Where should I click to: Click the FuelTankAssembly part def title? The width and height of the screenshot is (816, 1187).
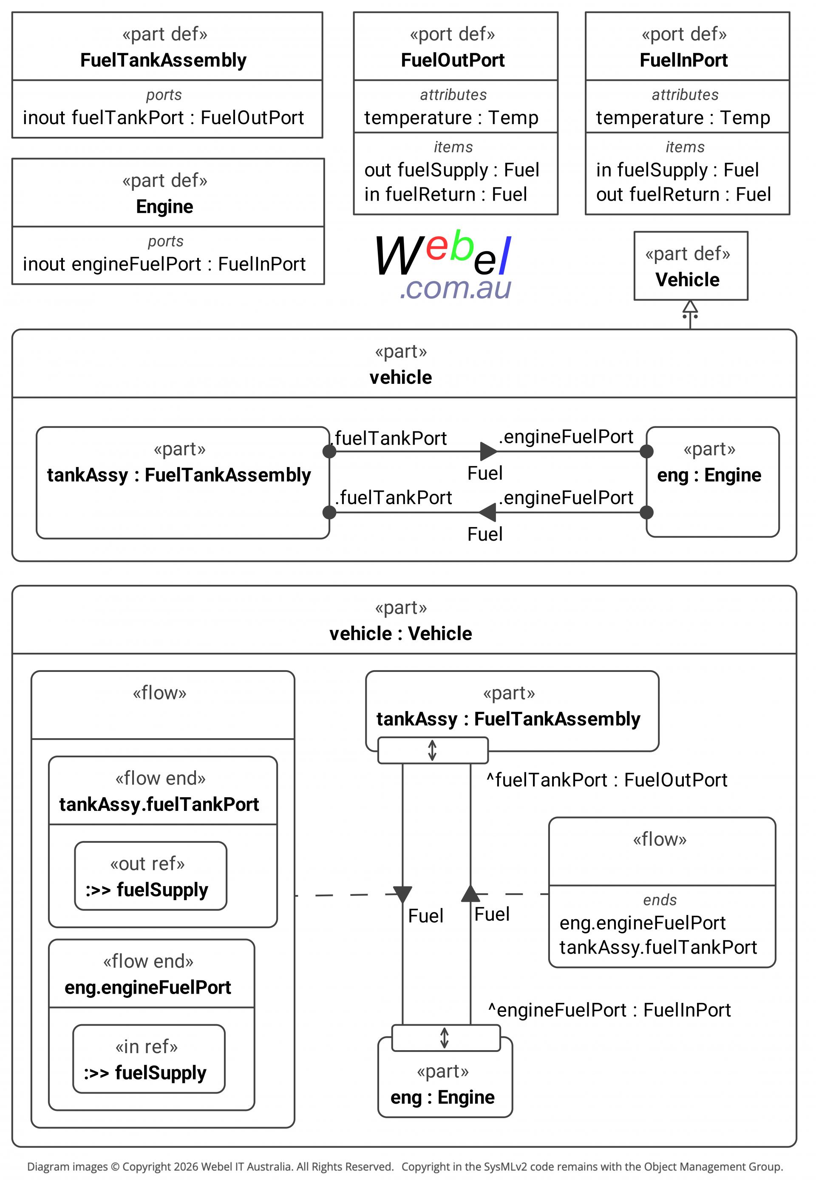[163, 60]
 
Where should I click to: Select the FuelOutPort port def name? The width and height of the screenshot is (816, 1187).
[453, 60]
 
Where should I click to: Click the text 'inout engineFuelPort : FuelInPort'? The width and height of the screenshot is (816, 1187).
[164, 264]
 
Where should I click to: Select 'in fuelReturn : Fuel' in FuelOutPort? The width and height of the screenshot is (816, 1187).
[445, 194]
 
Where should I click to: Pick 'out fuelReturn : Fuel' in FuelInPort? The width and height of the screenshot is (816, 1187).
[683, 194]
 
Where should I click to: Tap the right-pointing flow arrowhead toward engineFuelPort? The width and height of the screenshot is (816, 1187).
[489, 451]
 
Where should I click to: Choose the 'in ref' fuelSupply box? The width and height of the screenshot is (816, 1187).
[149, 1059]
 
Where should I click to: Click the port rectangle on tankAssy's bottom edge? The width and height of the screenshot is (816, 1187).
[433, 750]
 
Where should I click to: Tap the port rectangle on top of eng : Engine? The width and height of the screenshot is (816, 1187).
[446, 1038]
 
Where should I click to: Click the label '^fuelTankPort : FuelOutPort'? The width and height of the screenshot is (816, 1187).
[606, 780]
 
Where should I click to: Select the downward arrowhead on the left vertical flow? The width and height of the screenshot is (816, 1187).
[402, 895]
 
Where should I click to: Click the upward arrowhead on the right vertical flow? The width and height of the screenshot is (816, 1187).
[470, 892]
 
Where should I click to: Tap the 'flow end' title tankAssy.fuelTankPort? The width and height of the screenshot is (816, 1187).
[159, 805]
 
